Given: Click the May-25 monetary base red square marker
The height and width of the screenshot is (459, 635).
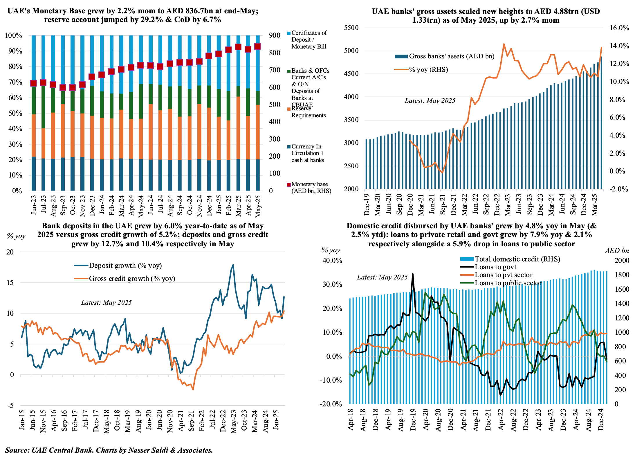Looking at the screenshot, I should pyautogui.click(x=257, y=46).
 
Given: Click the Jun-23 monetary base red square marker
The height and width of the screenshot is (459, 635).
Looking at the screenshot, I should pyautogui.click(x=34, y=83).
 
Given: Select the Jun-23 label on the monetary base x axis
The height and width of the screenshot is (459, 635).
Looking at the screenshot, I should pyautogui.click(x=34, y=205).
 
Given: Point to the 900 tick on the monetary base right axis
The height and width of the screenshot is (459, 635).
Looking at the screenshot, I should pyautogui.click(x=274, y=35).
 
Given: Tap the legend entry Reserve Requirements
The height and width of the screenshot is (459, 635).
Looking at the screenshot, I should pyautogui.click(x=308, y=112).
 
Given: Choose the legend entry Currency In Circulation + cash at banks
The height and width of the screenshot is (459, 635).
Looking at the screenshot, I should pyautogui.click(x=308, y=153).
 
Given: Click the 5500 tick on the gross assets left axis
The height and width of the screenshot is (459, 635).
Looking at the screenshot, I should pyautogui.click(x=351, y=28).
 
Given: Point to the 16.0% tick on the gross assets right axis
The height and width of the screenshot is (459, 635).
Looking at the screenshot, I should pyautogui.click(x=619, y=28).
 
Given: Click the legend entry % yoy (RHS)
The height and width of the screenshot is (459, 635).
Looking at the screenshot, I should pyautogui.click(x=428, y=70).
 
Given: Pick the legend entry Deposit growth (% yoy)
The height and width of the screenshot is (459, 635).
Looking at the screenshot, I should pyautogui.click(x=125, y=266).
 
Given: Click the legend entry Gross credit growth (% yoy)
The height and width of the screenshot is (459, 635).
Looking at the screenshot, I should pyautogui.click(x=132, y=279).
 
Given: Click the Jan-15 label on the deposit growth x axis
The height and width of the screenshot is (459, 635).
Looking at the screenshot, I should pyautogui.click(x=22, y=420).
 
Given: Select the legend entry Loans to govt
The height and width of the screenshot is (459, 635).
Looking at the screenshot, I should pyautogui.click(x=495, y=267).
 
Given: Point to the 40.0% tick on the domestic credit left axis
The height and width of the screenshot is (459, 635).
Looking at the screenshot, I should pyautogui.click(x=332, y=261).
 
